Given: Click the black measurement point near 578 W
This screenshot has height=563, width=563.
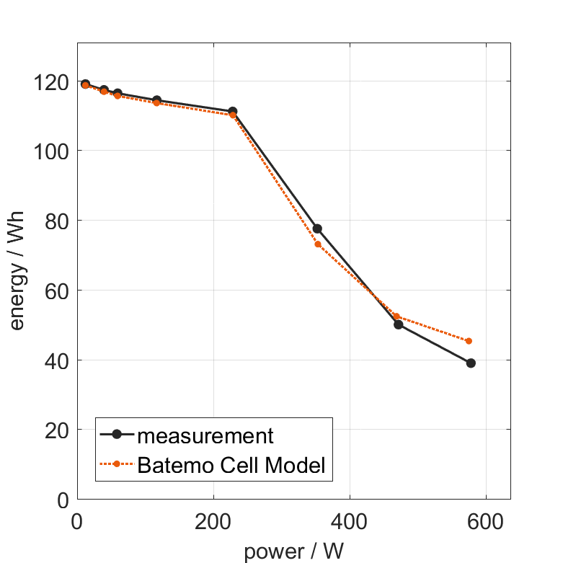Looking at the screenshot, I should click(471, 363).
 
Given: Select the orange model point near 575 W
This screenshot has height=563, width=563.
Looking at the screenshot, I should click(469, 341).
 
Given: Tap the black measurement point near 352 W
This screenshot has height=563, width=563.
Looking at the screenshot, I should click(317, 229).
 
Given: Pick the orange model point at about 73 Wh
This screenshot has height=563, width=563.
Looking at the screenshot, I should click(317, 244).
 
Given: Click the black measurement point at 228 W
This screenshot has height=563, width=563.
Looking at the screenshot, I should click(233, 112).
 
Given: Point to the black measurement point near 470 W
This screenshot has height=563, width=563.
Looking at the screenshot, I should click(398, 324).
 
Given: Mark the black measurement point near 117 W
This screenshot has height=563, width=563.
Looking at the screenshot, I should click(157, 100).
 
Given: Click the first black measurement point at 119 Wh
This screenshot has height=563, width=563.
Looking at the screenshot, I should click(85, 84).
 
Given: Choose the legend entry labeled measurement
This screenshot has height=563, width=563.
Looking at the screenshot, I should click(205, 435).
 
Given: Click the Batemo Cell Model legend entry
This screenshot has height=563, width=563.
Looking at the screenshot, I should click(231, 465).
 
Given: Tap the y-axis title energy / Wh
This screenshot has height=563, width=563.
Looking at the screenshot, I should click(17, 271).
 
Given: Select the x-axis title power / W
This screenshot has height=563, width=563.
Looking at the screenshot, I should click(293, 551).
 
